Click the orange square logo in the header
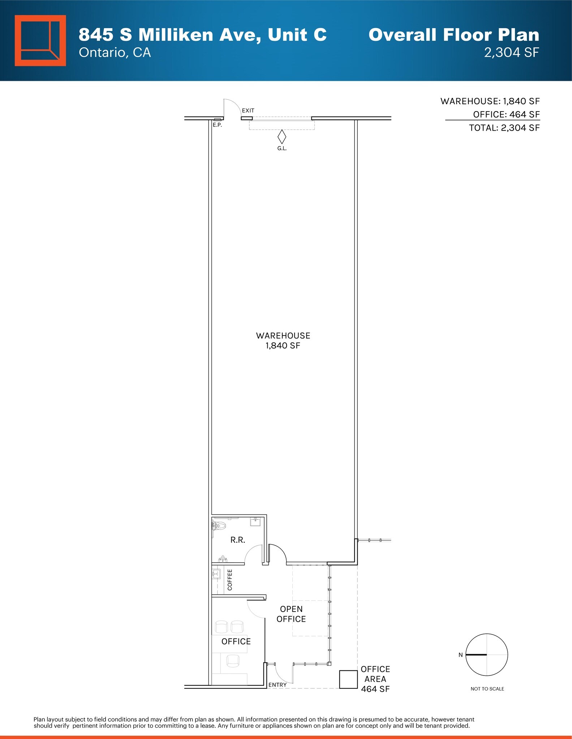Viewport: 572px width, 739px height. click(40, 40)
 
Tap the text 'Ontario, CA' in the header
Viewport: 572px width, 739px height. click(115, 53)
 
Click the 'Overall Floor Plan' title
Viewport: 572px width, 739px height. click(453, 35)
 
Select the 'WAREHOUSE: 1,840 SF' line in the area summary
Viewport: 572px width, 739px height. click(490, 101)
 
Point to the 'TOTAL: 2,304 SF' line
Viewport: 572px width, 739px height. click(504, 128)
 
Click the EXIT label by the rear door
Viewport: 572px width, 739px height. click(248, 110)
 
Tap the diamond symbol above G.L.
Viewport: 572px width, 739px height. click(281, 137)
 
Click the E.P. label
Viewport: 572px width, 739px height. click(217, 125)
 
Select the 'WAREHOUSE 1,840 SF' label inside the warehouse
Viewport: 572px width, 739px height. click(283, 341)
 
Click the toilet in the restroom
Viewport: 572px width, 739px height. click(219, 526)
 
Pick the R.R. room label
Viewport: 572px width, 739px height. click(238, 540)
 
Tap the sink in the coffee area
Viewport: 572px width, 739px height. click(216, 574)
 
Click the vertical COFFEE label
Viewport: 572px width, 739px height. click(230, 580)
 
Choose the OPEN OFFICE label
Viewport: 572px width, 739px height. click(291, 614)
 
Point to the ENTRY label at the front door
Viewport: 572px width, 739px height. click(277, 685)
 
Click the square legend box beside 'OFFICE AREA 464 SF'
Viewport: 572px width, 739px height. click(348, 679)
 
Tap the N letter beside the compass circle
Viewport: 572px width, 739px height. click(460, 655)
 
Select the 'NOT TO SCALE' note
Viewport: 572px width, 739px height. click(487, 689)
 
